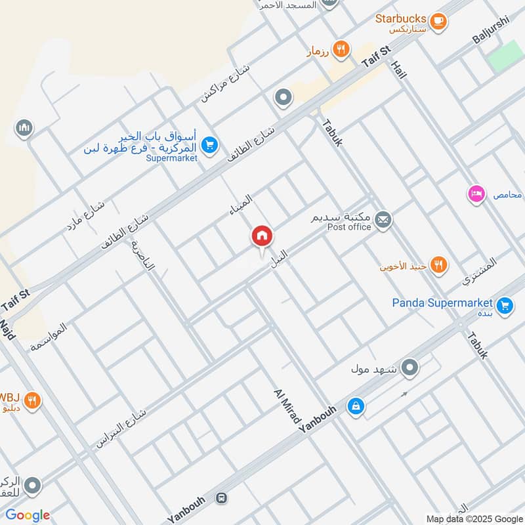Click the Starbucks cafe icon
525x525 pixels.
point(439,22)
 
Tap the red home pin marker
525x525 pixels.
point(261,236)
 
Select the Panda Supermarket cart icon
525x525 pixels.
point(505,305)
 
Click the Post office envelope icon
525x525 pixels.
point(384,220)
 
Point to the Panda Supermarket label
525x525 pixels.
point(442,303)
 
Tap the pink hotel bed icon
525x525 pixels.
point(476,194)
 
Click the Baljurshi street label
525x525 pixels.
point(490,30)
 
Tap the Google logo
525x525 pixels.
point(28,515)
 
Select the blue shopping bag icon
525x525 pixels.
point(355,408)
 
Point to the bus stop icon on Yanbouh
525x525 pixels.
point(221,499)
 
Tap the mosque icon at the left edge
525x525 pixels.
point(26,127)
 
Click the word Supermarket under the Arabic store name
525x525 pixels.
point(171,158)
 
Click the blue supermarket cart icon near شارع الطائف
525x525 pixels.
point(209,145)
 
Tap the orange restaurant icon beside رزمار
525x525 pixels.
point(339,48)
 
